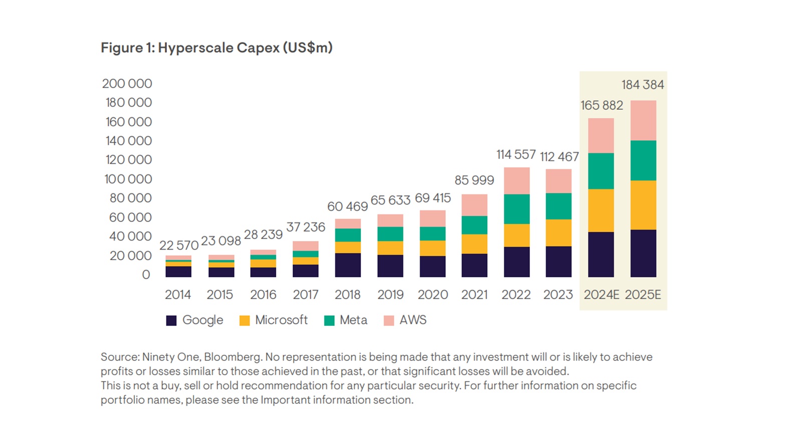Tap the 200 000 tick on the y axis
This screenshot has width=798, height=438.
pos(127,84)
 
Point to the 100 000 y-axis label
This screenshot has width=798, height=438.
pos(128,179)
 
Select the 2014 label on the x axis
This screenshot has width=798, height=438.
pos(178,295)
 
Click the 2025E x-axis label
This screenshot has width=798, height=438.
pos(643,295)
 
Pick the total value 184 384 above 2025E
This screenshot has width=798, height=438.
pos(643,85)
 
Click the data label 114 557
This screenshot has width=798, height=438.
pos(516,154)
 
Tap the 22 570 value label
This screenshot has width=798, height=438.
pos(179,246)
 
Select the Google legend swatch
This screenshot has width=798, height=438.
pos(171,321)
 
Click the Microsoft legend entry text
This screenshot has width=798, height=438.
pos(281,320)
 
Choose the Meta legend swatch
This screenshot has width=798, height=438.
pos(329,321)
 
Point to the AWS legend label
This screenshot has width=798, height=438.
pos(413,320)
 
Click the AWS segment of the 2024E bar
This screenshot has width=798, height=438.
pos(601,136)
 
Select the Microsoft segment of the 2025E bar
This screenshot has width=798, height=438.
pos(644,205)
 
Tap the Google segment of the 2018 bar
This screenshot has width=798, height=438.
pos(348,265)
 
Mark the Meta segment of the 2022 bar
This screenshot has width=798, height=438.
pos(517,209)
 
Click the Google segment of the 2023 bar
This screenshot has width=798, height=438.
pos(558,262)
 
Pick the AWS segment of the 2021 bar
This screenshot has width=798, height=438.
pos(475,205)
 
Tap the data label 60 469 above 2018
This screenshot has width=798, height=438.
pos(347,206)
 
